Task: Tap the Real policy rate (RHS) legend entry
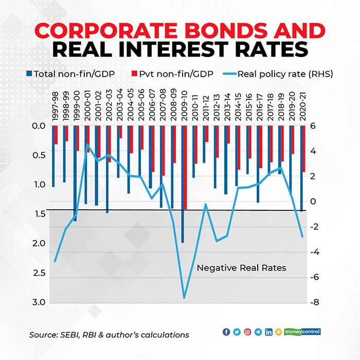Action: click(x=282, y=74)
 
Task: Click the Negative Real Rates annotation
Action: click(x=242, y=268)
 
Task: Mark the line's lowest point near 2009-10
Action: click(x=184, y=298)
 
